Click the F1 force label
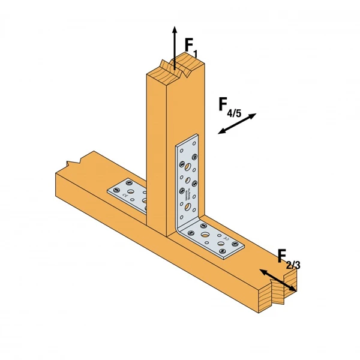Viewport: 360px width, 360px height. pyautogui.click(x=190, y=46)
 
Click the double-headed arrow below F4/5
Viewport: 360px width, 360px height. pyautogui.click(x=237, y=124)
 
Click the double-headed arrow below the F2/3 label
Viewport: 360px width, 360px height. pyautogui.click(x=277, y=281)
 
